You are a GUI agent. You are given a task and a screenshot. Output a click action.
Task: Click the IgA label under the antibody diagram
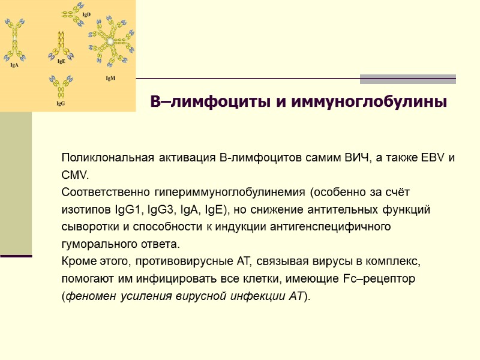(x=14, y=65)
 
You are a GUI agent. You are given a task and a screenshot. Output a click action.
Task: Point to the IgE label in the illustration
(x=61, y=61)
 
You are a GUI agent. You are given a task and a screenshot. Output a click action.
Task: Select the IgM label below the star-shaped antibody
(x=110, y=78)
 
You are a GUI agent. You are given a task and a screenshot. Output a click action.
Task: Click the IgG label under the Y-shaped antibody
(x=61, y=104)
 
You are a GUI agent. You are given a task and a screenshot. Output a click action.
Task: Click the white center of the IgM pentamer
(x=110, y=41)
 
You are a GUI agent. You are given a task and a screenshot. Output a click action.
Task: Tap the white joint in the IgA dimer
(x=15, y=38)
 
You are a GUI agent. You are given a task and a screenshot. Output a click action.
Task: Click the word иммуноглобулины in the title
(x=370, y=102)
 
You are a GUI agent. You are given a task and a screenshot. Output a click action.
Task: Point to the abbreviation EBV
(x=430, y=158)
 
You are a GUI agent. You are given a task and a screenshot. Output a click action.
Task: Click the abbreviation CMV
(x=74, y=176)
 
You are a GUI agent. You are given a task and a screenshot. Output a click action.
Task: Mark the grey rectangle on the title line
(x=407, y=79)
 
